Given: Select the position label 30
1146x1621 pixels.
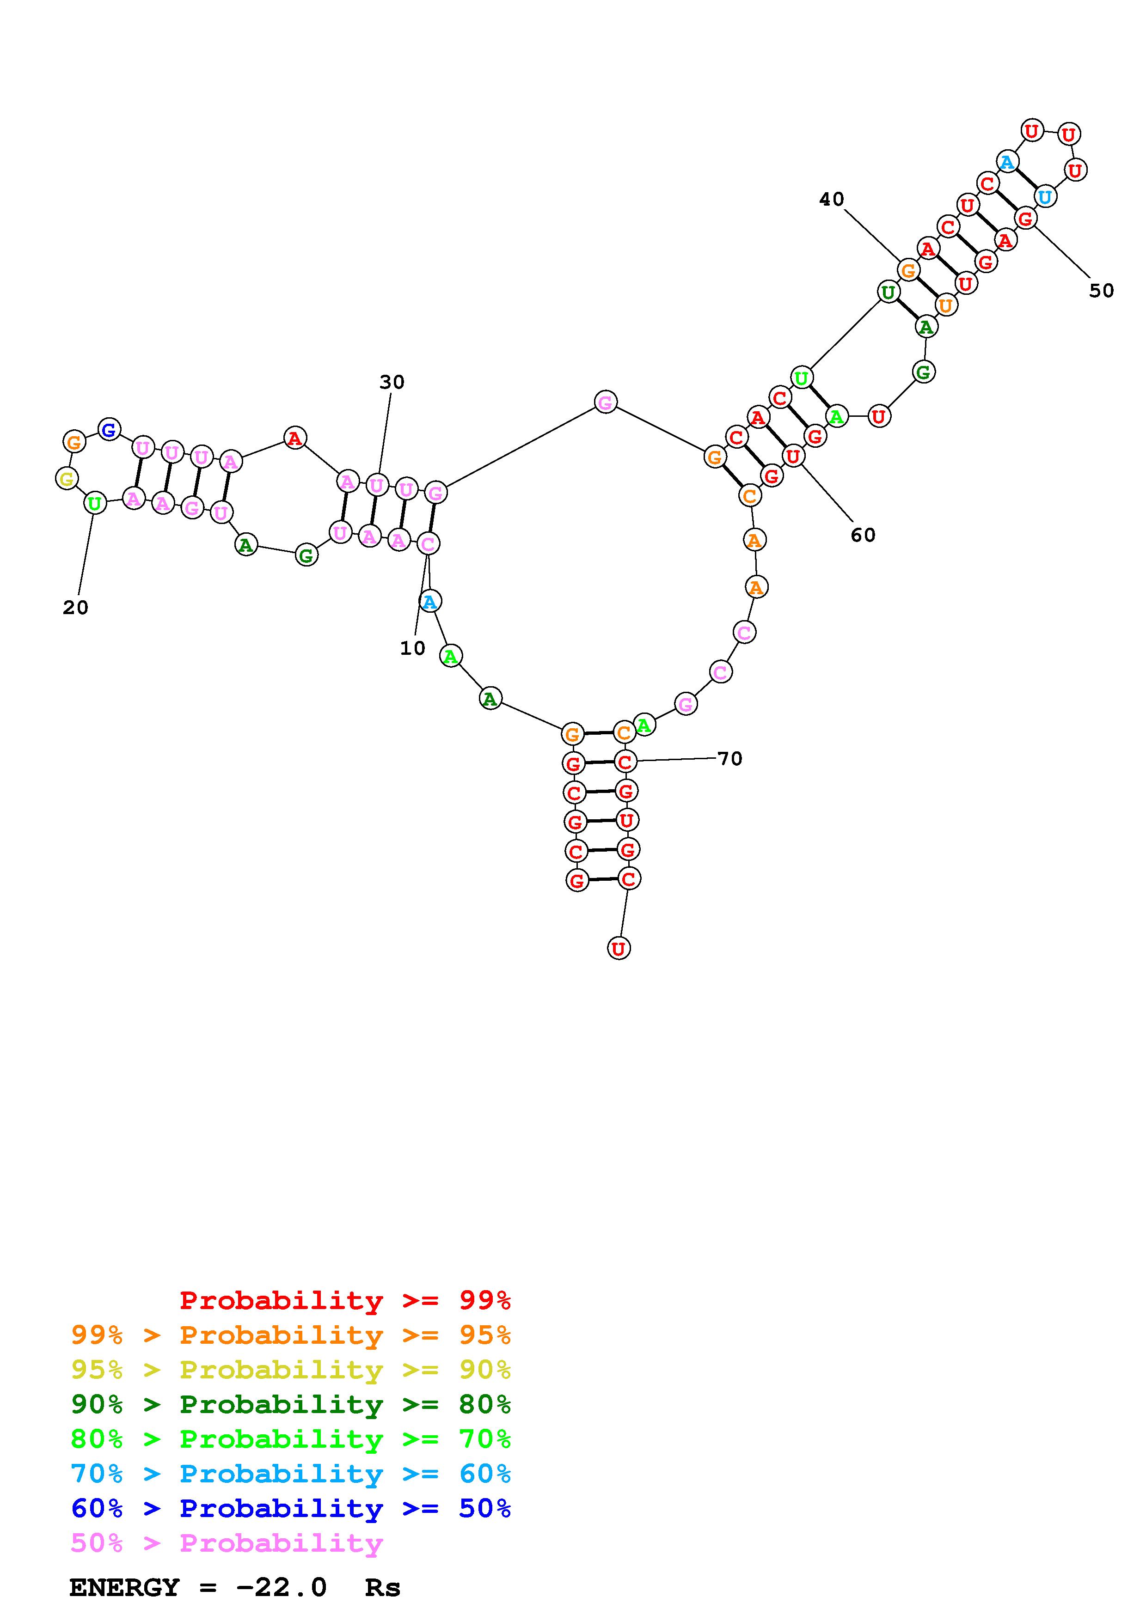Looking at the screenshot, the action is [x=392, y=382].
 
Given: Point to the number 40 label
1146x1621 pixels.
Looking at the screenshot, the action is [x=831, y=199].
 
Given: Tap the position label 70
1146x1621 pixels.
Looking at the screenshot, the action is [x=729, y=758].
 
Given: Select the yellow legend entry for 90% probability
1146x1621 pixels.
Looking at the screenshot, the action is [x=290, y=1369].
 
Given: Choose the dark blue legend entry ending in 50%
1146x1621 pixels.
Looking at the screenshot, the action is [x=290, y=1508].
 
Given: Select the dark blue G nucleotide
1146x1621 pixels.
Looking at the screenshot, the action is [x=109, y=429].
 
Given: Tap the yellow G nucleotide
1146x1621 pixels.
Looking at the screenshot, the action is [x=67, y=479].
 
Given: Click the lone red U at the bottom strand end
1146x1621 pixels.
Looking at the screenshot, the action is [x=619, y=948].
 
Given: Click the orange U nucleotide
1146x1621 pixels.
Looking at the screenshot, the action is [x=945, y=305].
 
